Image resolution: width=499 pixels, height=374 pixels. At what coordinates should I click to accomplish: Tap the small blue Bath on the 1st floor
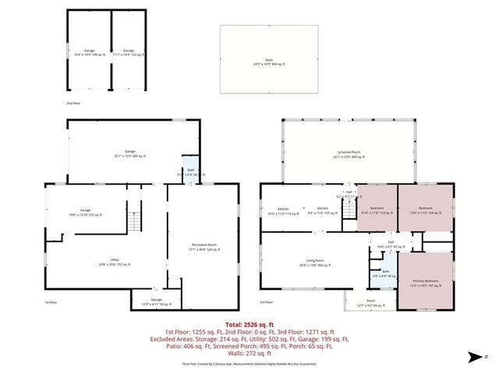point(190,172)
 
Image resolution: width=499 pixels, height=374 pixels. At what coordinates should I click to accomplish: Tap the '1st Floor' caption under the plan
point(51,302)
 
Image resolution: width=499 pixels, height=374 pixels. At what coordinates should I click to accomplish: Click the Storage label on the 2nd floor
point(128,52)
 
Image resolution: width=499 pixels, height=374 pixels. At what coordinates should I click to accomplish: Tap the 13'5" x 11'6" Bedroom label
point(425,210)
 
